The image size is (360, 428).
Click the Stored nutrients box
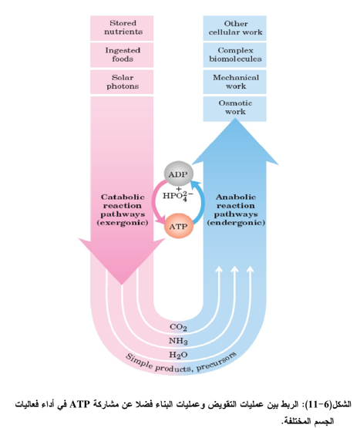point(122,28)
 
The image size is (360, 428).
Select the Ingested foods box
point(122,55)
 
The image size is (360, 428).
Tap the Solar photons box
point(122,82)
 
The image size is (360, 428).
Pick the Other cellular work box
point(234,28)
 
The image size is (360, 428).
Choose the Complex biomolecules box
point(234,55)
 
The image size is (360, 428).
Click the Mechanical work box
point(234,82)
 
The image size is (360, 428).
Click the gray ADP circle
point(179,174)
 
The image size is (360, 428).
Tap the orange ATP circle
point(179,226)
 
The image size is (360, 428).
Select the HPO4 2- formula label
point(178,195)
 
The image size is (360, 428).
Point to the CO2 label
point(178,327)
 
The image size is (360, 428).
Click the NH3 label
point(178,341)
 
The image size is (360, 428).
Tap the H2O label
point(178,355)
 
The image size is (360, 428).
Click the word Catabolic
point(123,197)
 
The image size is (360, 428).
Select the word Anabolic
point(236,197)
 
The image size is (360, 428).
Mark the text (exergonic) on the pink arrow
point(123,223)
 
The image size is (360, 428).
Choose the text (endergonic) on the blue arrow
point(236,223)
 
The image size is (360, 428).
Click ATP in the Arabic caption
point(79,404)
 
